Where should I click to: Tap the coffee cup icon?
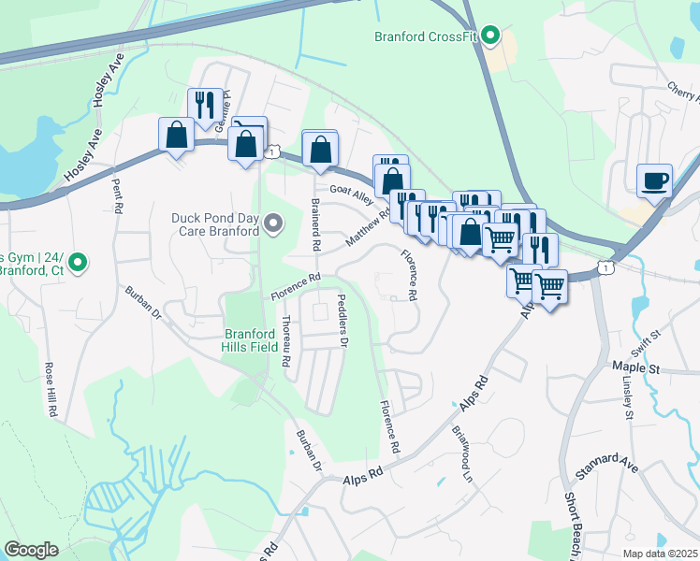pyautogui.click(x=654, y=179)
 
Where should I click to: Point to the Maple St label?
pyautogui.click(x=635, y=369)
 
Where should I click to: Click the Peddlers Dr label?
pyautogui.click(x=343, y=326)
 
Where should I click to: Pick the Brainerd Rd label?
pyautogui.click(x=316, y=227)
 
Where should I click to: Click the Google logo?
pyautogui.click(x=31, y=550)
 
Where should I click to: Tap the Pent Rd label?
pyautogui.click(x=117, y=194)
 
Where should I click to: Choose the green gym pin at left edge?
pyautogui.click(x=80, y=263)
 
